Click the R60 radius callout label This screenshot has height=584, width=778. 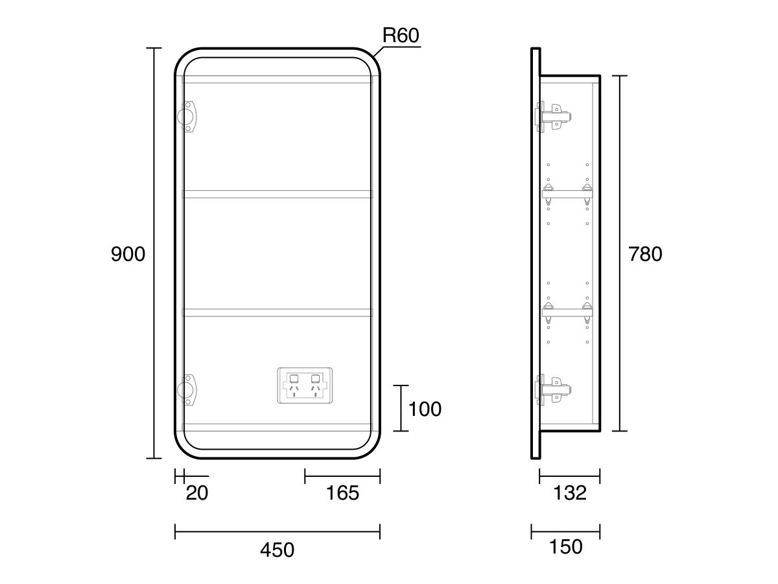(401, 36)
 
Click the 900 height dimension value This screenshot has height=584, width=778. (128, 254)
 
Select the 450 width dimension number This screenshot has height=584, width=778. (277, 550)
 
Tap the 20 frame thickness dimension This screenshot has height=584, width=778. (196, 493)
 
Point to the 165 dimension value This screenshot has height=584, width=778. (342, 493)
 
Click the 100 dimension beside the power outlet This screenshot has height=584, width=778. (424, 409)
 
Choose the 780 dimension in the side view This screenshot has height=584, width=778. (645, 254)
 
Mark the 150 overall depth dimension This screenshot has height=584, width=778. (565, 547)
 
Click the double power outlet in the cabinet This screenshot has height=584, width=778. (305, 385)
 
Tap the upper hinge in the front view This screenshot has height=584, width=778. (187, 116)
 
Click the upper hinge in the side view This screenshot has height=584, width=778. (552, 117)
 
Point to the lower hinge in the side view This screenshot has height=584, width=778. (552, 389)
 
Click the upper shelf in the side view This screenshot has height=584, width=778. (568, 193)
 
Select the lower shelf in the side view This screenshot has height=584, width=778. (568, 312)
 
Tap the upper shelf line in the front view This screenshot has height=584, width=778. (277, 194)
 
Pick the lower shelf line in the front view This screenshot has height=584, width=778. (277, 313)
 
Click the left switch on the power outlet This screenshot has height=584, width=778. (294, 378)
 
